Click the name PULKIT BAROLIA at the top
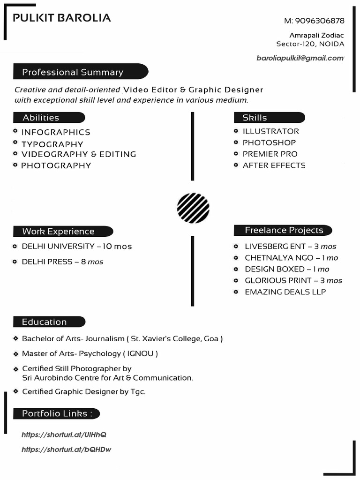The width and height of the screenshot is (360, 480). click(62, 18)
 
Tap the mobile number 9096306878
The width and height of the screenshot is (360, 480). click(320, 21)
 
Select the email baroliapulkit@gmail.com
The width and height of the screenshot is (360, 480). click(300, 58)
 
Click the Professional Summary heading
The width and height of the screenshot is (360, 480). click(73, 72)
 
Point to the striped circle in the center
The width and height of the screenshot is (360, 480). click(193, 208)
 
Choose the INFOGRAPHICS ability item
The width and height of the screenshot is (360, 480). click(55, 132)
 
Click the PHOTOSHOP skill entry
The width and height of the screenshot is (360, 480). click(269, 142)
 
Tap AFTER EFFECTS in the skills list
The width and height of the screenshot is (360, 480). click(274, 165)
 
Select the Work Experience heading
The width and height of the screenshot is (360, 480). click(58, 231)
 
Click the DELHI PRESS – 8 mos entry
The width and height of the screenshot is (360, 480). click(62, 262)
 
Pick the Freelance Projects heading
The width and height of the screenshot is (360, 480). click(284, 230)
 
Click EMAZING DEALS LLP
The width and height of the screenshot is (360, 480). click(285, 292)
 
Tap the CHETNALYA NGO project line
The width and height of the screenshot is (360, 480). click(291, 258)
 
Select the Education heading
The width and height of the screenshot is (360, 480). click(45, 322)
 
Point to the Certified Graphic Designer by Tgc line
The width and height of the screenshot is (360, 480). click(84, 391)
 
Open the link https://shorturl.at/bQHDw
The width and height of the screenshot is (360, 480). click(66, 450)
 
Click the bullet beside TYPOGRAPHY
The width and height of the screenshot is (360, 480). click(15, 142)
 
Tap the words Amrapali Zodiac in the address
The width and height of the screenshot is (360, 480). click(316, 35)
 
